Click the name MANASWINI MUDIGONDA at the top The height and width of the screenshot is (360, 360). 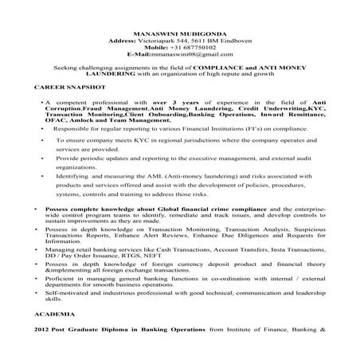point(179,6)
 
